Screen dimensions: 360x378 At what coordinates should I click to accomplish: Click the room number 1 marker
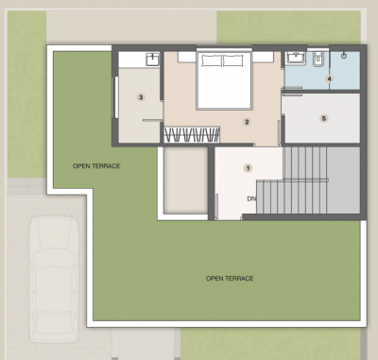[x=249, y=167]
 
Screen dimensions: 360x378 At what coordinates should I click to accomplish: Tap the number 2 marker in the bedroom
[x=247, y=122]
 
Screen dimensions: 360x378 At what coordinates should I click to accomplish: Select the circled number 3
[x=141, y=96]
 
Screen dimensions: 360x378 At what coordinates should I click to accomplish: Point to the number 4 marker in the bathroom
[x=330, y=78]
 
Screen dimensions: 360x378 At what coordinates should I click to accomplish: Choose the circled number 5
[x=323, y=118]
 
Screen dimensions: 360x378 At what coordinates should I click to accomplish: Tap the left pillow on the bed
[x=211, y=60]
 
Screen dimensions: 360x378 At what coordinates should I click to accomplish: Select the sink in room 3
[x=151, y=59]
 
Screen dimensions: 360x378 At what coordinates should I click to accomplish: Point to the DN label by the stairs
[x=252, y=199]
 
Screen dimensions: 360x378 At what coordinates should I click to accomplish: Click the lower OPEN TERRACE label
[x=230, y=278]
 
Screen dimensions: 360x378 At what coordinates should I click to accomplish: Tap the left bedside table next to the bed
[x=186, y=60]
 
